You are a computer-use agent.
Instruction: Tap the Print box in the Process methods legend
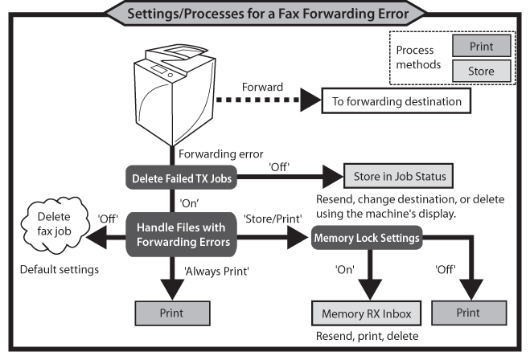click(480, 46)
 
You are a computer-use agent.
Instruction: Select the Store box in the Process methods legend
click(480, 71)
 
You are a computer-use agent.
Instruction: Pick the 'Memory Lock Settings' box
click(368, 238)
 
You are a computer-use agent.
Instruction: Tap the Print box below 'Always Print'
click(171, 312)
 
